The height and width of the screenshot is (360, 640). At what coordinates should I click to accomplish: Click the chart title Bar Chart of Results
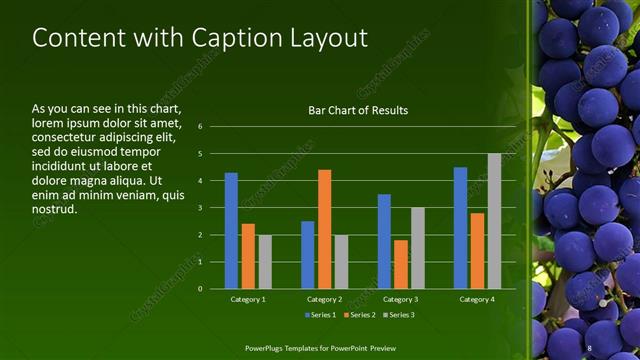tap(357, 110)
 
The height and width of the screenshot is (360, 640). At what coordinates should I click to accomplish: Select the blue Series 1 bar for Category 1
tap(231, 230)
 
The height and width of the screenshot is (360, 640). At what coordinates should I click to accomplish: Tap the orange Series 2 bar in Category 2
tap(324, 229)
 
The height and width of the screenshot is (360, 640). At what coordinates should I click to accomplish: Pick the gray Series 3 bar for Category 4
tap(494, 221)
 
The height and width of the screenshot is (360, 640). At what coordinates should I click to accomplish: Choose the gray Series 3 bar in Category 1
tap(264, 261)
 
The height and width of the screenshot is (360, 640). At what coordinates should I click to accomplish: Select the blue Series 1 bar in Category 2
tap(307, 254)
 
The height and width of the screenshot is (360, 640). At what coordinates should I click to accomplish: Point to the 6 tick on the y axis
tap(200, 127)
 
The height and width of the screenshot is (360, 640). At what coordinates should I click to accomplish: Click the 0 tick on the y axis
tap(200, 289)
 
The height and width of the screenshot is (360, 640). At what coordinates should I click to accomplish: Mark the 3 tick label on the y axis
tap(200, 208)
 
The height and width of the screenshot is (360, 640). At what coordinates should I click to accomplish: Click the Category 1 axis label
tap(247, 299)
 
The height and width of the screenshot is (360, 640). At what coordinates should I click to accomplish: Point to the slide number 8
tap(589, 347)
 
